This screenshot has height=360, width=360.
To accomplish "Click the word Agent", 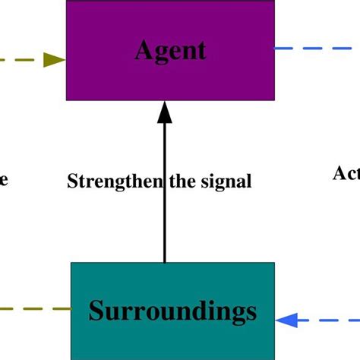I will point(170,50).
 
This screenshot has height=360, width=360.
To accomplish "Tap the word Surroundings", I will point(173,311).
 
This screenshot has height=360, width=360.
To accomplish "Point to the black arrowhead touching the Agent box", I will point(164,112).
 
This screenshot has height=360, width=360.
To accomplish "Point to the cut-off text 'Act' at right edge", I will point(346,173).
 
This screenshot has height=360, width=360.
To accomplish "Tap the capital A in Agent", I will point(143,50).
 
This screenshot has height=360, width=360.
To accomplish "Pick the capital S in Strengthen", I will point(72,182).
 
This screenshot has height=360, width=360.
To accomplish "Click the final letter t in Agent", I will point(201,50).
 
